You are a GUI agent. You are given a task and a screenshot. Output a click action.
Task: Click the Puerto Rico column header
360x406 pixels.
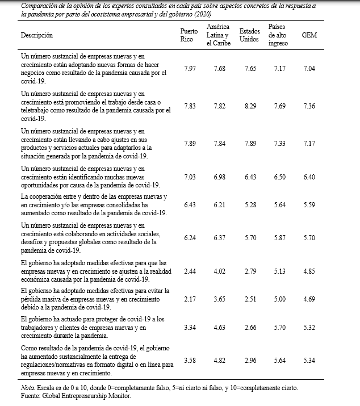pyautogui.click(x=189, y=35)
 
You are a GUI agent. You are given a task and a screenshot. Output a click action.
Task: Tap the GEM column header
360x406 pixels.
pyautogui.click(x=309, y=35)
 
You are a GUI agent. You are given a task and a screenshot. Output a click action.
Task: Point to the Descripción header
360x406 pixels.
pyautogui.click(x=36, y=35)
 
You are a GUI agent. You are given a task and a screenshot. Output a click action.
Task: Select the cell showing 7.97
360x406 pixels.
pyautogui.click(x=189, y=68)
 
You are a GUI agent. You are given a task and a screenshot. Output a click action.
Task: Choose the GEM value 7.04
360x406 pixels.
pyautogui.click(x=309, y=68)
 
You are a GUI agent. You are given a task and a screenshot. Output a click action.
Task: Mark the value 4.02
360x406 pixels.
pyautogui.click(x=219, y=271)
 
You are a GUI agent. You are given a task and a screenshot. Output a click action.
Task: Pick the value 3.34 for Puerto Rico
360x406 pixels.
pyautogui.click(x=189, y=327)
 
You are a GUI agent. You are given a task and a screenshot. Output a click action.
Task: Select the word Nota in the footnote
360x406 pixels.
pyautogui.click(x=28, y=388)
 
